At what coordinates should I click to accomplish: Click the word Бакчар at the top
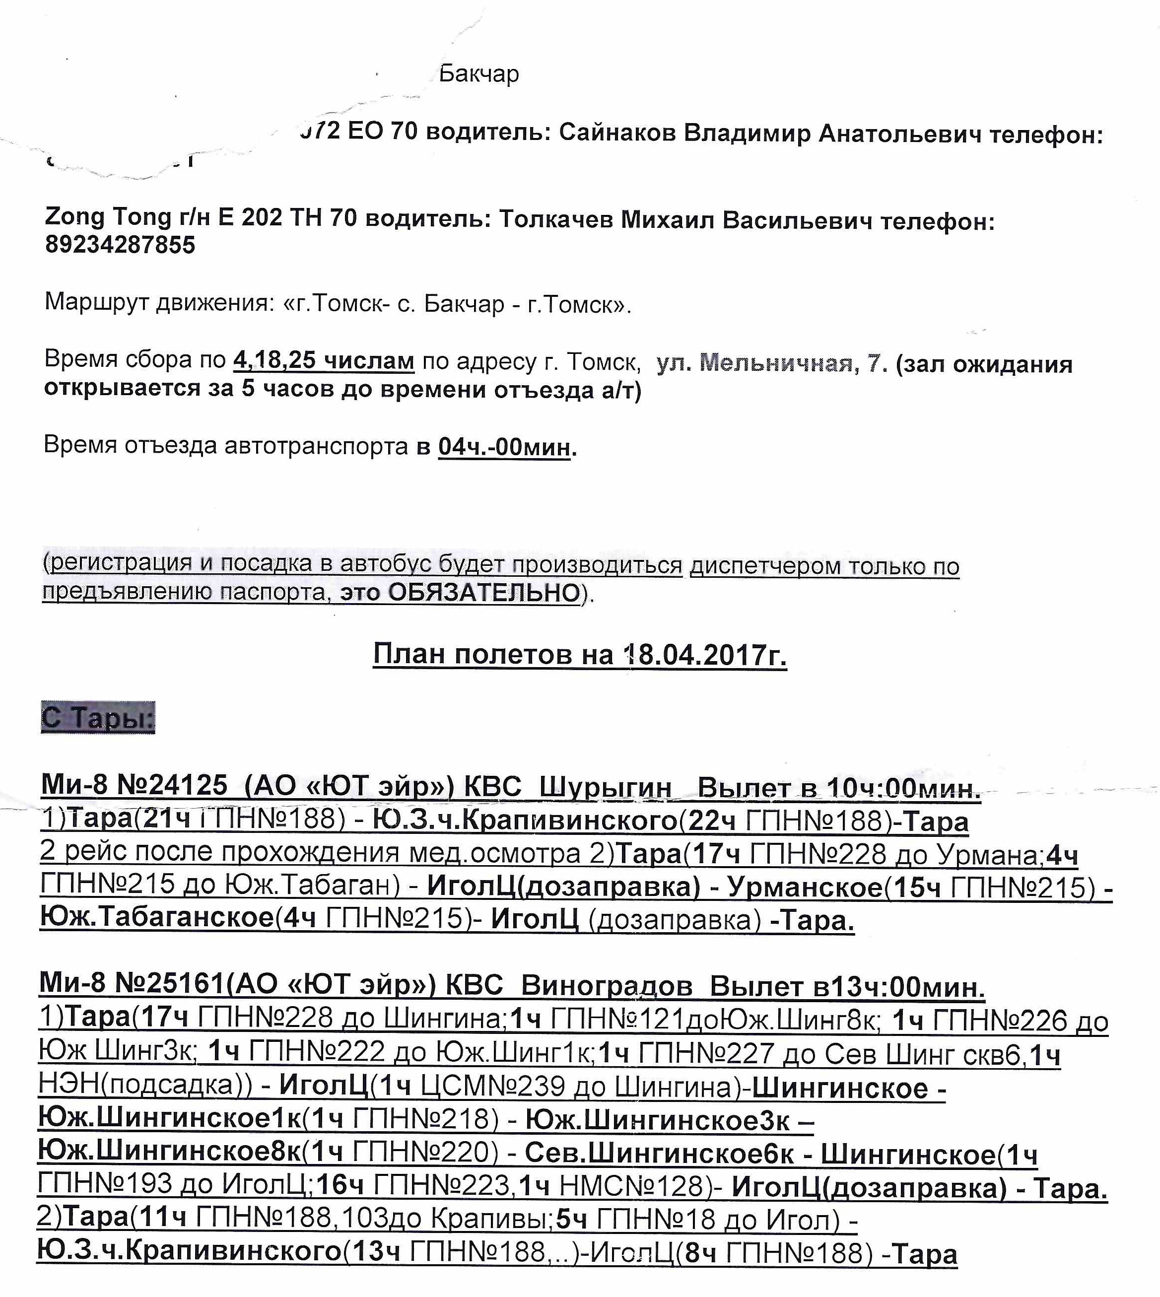pyautogui.click(x=478, y=74)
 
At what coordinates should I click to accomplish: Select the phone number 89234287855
pyautogui.click(x=120, y=245)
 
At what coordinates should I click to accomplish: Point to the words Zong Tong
pyautogui.click(x=108, y=217)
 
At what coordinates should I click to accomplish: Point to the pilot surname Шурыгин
pyautogui.click(x=605, y=788)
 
